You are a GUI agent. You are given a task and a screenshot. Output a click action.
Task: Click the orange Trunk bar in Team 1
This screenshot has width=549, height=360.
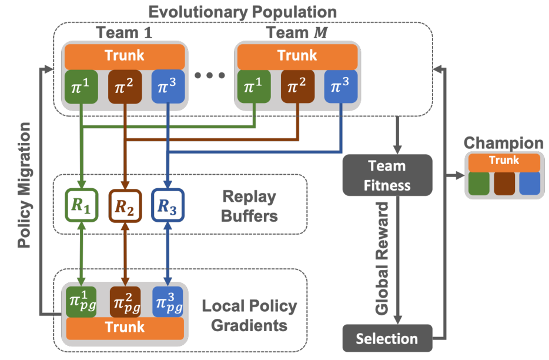[125, 56]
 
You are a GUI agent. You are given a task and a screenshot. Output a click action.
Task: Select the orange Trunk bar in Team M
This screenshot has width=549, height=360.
[297, 56]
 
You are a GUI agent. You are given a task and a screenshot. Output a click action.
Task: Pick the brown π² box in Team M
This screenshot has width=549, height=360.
[297, 87]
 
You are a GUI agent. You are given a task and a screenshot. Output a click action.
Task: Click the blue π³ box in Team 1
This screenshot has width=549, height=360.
[168, 87]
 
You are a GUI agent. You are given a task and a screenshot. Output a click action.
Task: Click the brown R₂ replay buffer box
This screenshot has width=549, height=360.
[125, 205]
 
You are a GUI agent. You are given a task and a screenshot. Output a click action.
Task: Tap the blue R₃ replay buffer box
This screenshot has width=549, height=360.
[168, 205]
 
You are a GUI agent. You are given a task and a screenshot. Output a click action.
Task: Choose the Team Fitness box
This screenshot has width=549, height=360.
[387, 175]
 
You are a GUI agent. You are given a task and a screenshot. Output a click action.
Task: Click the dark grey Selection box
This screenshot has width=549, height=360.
[387, 338]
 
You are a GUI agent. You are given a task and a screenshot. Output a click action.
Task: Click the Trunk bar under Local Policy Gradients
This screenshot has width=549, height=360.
[125, 327]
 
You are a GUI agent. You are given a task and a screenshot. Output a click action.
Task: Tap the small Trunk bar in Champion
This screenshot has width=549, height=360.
[504, 161]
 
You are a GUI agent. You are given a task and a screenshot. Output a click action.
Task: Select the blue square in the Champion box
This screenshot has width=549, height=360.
[530, 183]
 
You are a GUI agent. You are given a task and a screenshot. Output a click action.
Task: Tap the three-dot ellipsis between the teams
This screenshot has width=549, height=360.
[210, 75]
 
